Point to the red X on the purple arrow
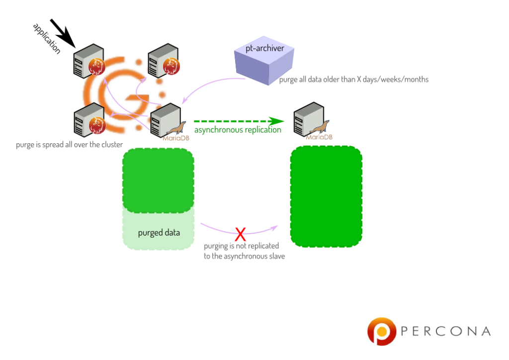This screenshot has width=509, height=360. tap(241, 233)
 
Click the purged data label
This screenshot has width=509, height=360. tap(159, 232)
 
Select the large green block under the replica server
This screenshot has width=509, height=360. tap(326, 196)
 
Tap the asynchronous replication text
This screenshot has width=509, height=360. tap(238, 130)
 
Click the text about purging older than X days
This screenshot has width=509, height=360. tap(353, 80)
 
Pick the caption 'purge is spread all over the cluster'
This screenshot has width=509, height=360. tap(69, 145)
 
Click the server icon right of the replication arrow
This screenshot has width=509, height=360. tap(306, 119)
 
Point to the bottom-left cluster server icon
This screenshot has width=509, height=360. tap(84, 122)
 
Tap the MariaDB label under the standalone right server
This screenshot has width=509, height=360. tap(320, 137)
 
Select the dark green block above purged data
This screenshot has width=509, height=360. tap(158, 180)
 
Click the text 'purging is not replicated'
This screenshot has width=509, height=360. tap(242, 246)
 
